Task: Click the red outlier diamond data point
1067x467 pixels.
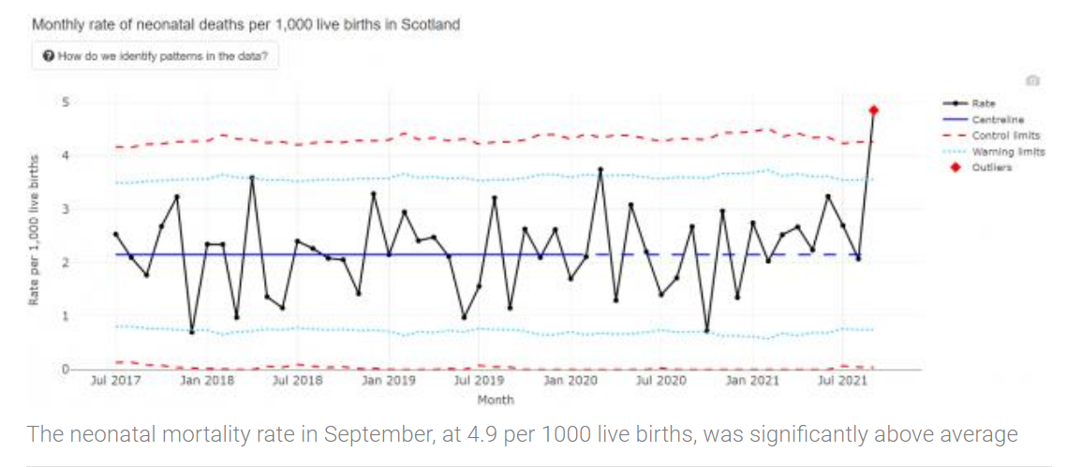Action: [873, 110]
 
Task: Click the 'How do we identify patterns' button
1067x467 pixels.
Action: [156, 56]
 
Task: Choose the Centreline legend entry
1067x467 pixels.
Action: [997, 120]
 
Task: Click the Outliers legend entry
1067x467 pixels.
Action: [991, 168]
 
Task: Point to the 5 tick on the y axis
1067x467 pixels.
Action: [66, 102]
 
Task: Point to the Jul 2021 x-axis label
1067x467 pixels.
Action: [838, 382]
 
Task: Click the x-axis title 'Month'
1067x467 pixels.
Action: [496, 400]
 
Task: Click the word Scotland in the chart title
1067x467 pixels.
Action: [430, 25]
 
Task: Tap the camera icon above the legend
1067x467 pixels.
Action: [1032, 81]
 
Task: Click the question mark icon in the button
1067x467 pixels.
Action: [49, 56]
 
